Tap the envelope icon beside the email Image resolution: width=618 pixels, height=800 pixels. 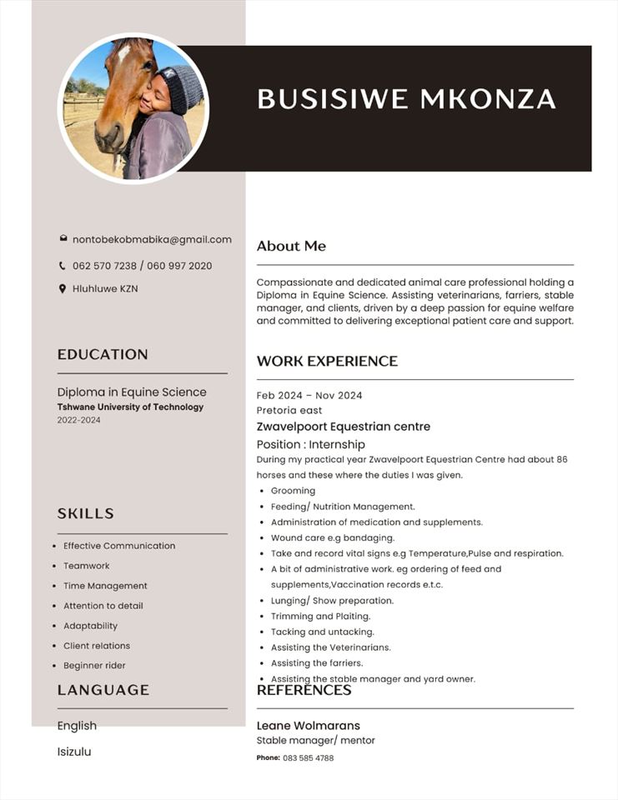(x=63, y=239)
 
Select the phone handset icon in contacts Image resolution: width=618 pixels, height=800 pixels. (x=63, y=266)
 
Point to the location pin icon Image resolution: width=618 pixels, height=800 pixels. (x=63, y=288)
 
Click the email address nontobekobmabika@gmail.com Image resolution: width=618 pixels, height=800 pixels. (x=152, y=239)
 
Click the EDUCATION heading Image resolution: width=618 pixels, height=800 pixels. (x=103, y=354)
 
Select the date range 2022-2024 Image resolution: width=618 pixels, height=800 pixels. (x=78, y=420)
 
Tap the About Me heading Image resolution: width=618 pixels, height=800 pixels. (x=291, y=246)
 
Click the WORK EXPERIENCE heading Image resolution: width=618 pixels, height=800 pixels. (x=327, y=361)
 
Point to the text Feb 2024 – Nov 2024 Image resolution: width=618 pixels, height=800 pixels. (x=309, y=395)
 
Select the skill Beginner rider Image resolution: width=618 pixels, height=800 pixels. (x=94, y=666)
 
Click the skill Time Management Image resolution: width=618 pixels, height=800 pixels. (x=105, y=586)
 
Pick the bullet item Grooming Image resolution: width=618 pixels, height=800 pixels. (x=293, y=491)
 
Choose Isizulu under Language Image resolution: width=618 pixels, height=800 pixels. (x=74, y=752)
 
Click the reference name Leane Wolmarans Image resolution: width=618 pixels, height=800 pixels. (x=309, y=726)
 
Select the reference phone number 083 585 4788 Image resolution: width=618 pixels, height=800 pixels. (x=308, y=758)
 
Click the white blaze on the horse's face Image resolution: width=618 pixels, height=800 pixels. (x=123, y=56)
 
